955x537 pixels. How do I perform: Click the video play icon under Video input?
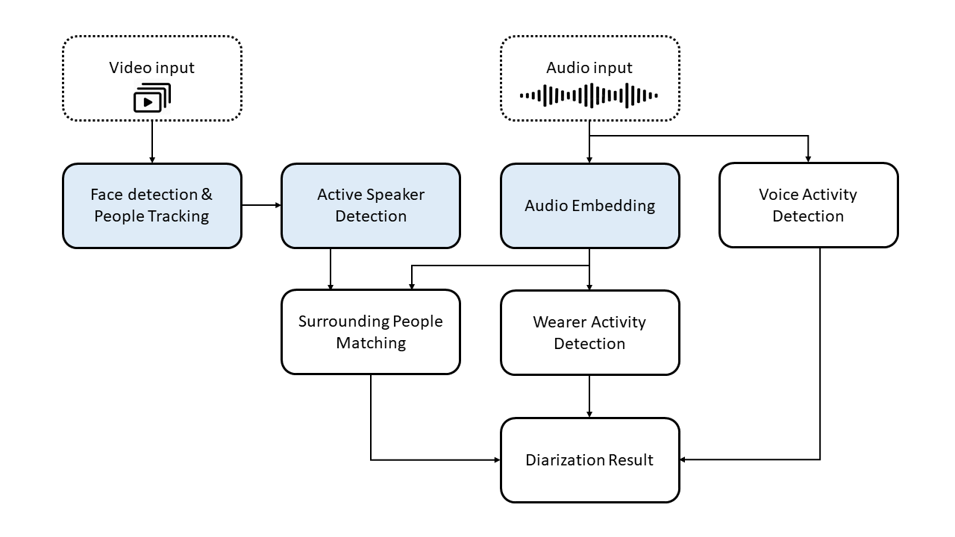pyautogui.click(x=152, y=98)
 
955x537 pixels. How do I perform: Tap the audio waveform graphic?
pyautogui.click(x=589, y=95)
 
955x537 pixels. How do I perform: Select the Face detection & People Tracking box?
pyautogui.click(x=152, y=205)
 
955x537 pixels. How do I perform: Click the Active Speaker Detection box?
pyautogui.click(x=371, y=205)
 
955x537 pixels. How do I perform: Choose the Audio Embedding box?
pyautogui.click(x=590, y=205)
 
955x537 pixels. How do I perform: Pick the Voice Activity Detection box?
pyautogui.click(x=808, y=205)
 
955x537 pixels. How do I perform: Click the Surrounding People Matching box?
pyautogui.click(x=371, y=332)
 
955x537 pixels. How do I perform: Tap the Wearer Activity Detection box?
pyautogui.click(x=590, y=333)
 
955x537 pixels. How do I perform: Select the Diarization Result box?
pyautogui.click(x=590, y=460)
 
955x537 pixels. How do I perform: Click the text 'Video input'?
pyautogui.click(x=151, y=68)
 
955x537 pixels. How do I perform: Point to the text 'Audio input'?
pyautogui.click(x=589, y=68)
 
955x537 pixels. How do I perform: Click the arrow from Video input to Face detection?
pyautogui.click(x=152, y=142)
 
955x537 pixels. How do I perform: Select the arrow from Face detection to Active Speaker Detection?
pyautogui.click(x=262, y=205)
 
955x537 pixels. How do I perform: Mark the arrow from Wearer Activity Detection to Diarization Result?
pyautogui.click(x=589, y=396)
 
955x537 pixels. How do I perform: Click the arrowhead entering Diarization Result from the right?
pyautogui.click(x=683, y=459)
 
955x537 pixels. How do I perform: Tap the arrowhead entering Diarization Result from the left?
pyautogui.click(x=497, y=460)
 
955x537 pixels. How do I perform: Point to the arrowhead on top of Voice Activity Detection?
pyautogui.click(x=808, y=159)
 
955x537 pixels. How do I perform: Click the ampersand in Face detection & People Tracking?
pyautogui.click(x=207, y=195)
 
